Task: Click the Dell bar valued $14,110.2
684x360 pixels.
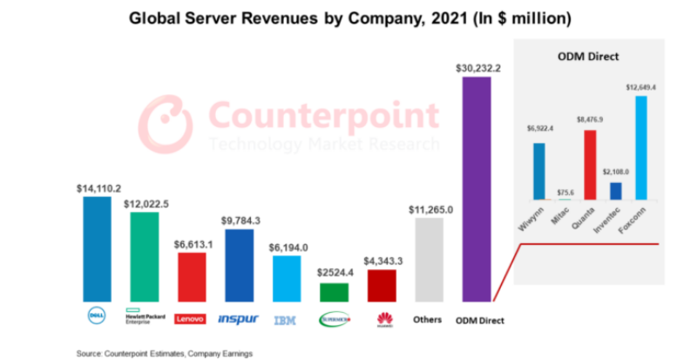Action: click(97, 248)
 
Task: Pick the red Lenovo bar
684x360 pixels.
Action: click(191, 276)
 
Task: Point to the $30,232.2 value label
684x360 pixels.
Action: click(477, 67)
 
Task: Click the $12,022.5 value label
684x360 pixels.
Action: click(146, 203)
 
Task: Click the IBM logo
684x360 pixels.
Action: click(285, 320)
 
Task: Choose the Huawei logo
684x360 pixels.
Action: click(383, 320)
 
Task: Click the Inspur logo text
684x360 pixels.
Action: click(238, 319)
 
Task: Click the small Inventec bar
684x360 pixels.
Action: click(616, 192)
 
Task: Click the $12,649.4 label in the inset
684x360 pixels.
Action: click(640, 86)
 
